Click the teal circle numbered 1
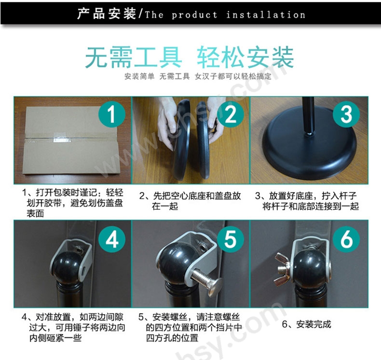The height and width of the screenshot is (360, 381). pos(112,114)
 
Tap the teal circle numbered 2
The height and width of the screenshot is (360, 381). pos(231,114)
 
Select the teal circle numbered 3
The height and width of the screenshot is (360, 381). pos(346,114)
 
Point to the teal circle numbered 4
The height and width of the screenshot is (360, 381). pos(112,239)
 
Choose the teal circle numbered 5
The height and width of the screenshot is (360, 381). pos(231,239)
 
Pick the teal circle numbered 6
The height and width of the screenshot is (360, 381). pos(346,239)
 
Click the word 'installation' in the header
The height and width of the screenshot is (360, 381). pos(266,15)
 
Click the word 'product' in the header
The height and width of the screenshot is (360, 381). pos(195,15)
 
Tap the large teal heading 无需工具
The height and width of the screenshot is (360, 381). pos(134,57)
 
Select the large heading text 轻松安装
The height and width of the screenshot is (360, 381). pos(245,57)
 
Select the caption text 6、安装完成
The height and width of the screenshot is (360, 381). pos(307,324)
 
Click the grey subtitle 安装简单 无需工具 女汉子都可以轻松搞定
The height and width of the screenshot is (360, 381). pos(198,76)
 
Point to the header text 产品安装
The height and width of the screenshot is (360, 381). pos(107,14)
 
